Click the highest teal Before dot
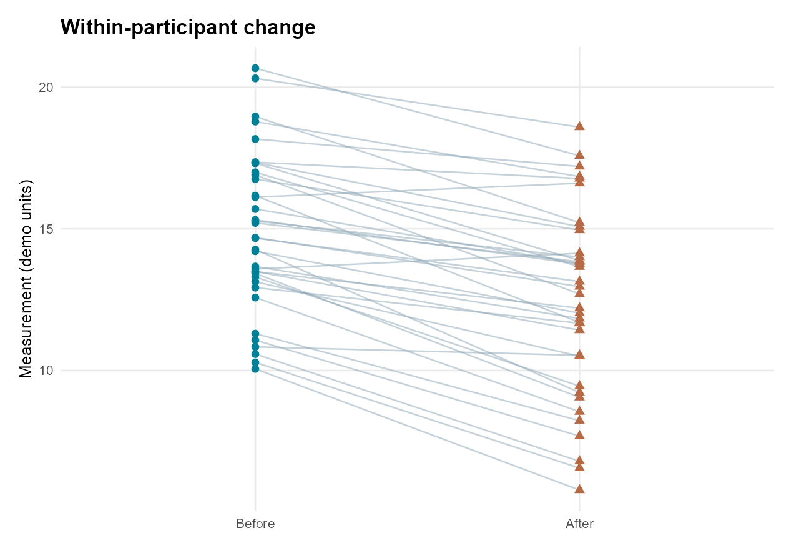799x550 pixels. pyautogui.click(x=255, y=68)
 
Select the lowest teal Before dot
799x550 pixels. pyautogui.click(x=255, y=369)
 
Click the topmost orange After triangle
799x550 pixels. pyautogui.click(x=580, y=126)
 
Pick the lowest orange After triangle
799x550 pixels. pyautogui.click(x=580, y=489)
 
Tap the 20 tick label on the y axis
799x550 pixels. pyautogui.click(x=46, y=87)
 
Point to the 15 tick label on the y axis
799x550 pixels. pyautogui.click(x=46, y=229)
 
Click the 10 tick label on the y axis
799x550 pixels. pyautogui.click(x=46, y=371)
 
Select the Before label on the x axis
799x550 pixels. pyautogui.click(x=255, y=524)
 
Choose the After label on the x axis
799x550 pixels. pyautogui.click(x=580, y=524)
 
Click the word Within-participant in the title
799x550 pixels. pyautogui.click(x=149, y=27)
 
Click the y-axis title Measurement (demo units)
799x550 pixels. pyautogui.click(x=26, y=279)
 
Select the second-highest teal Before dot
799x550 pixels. pyautogui.click(x=255, y=78)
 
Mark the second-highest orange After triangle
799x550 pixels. pyautogui.click(x=580, y=154)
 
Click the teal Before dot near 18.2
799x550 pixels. pyautogui.click(x=255, y=139)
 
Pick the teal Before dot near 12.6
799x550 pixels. pyautogui.click(x=255, y=297)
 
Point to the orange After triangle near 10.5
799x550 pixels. pyautogui.click(x=580, y=354)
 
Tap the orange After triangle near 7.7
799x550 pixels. pyautogui.click(x=580, y=434)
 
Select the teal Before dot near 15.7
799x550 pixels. pyautogui.click(x=255, y=209)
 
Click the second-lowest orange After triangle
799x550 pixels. pyautogui.click(x=580, y=467)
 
